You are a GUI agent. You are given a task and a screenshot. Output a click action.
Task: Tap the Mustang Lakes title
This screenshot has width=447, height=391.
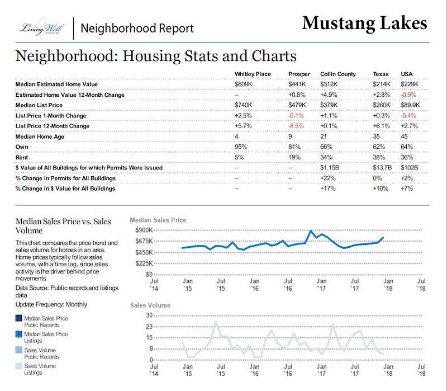365,23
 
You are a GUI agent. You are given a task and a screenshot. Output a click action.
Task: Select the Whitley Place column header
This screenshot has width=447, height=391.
253,74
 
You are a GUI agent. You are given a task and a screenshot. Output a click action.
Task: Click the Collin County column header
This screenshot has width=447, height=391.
338,74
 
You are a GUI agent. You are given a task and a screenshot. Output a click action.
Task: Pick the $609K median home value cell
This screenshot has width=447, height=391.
243,84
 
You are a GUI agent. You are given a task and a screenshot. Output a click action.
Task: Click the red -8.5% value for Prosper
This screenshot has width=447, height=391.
296,126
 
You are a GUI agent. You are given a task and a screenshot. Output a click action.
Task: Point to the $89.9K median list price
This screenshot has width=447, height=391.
410,105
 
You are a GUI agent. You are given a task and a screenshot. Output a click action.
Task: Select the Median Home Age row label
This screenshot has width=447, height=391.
40,136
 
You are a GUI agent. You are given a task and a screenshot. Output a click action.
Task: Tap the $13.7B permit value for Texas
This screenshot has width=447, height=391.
382,167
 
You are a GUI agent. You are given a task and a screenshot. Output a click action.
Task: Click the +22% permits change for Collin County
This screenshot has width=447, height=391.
328,178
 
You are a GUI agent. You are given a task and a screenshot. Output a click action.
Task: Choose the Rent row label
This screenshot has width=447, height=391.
22,157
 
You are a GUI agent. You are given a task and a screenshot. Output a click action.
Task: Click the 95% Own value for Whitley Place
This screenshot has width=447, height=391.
241,147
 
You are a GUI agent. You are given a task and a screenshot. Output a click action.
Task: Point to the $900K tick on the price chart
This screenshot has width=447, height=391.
144,230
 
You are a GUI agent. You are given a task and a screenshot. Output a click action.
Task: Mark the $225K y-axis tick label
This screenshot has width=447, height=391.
144,263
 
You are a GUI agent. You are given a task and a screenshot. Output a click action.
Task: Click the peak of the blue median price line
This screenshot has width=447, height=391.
311,230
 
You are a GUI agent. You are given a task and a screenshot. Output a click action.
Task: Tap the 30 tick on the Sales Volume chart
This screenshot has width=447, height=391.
149,315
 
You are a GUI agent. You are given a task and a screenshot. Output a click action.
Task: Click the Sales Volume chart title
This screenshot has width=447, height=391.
150,305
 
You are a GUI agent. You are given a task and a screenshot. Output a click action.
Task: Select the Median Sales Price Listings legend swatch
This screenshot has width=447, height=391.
19,334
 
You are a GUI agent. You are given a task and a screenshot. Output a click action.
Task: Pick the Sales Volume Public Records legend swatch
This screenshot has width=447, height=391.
19,350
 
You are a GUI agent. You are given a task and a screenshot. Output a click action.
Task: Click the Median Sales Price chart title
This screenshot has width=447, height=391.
158,220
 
